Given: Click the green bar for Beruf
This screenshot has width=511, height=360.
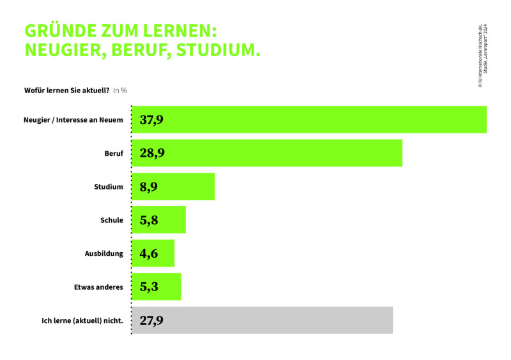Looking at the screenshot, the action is [x=267, y=153].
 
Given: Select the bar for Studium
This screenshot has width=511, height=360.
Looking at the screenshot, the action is [x=173, y=186].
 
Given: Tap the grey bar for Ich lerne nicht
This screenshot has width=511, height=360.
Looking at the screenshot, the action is [x=263, y=320].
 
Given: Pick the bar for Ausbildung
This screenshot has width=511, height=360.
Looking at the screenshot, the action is [x=153, y=253].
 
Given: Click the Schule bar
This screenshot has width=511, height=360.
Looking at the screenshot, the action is [x=158, y=220].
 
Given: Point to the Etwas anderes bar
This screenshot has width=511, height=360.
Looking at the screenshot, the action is [x=156, y=287].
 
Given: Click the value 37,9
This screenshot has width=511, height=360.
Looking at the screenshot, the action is [x=151, y=120].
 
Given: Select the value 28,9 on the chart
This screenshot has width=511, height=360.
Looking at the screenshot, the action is [x=152, y=153].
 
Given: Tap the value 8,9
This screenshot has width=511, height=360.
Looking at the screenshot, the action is [x=149, y=187].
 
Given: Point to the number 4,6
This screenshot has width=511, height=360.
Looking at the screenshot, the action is [x=149, y=253].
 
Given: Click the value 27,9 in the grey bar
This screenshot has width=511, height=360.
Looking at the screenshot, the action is [x=151, y=320].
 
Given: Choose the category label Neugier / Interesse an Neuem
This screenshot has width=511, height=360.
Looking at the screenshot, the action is [x=73, y=120].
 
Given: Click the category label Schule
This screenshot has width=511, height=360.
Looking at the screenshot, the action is [x=112, y=220].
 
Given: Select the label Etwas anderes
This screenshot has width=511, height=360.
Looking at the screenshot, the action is [x=98, y=287].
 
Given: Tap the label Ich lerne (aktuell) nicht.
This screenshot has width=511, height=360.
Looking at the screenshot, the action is [x=82, y=320].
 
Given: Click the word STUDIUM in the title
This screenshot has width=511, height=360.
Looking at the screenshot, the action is [x=218, y=50].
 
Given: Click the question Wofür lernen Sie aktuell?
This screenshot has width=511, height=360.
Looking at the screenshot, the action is [x=67, y=90].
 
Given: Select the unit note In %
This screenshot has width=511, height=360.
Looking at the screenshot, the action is [x=120, y=91].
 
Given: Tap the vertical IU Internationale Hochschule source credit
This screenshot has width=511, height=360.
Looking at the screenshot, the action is [x=483, y=56].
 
